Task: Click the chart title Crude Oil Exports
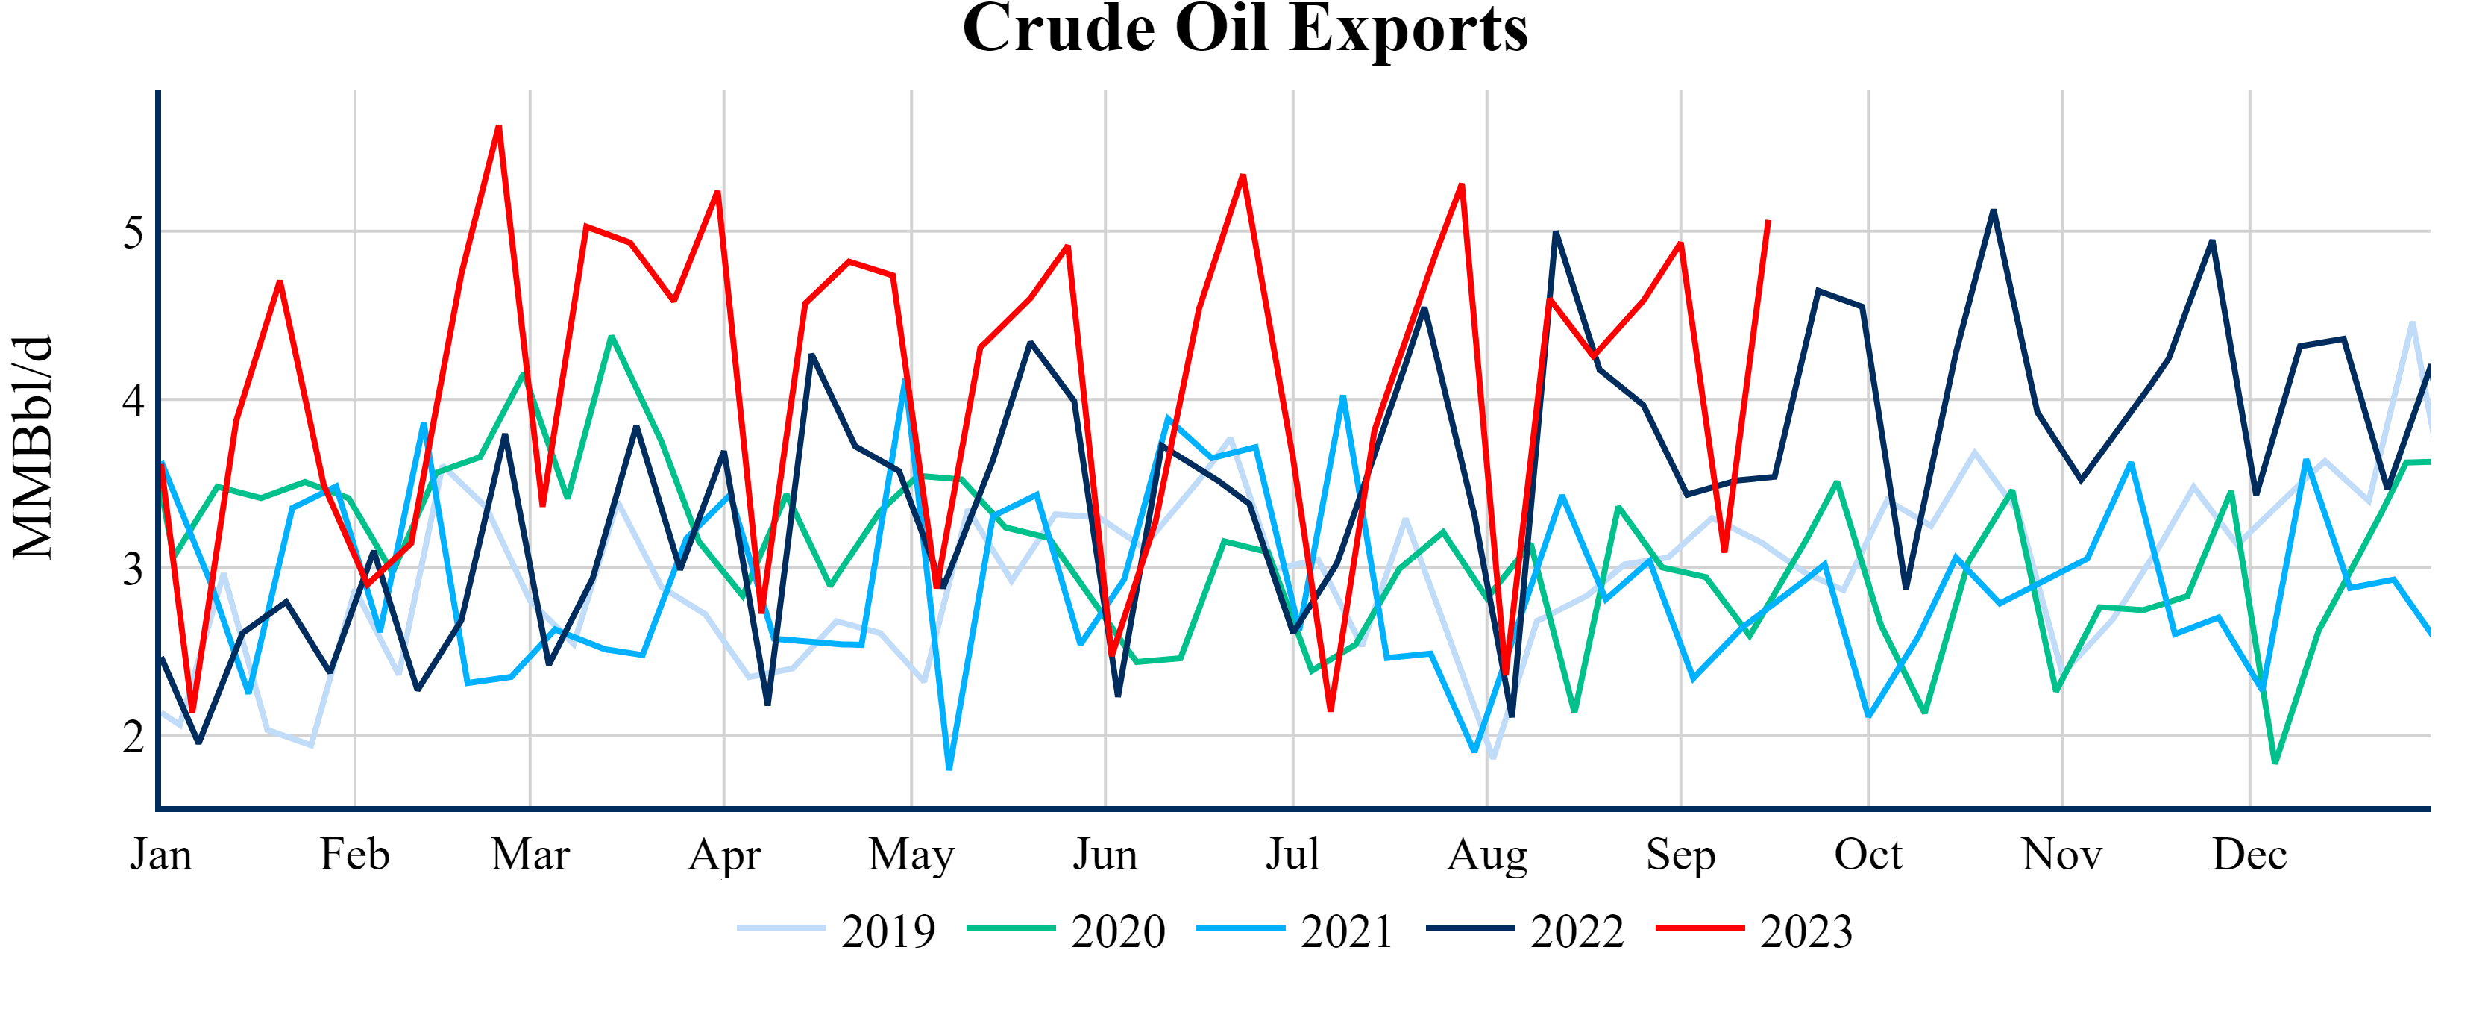pos(1245,29)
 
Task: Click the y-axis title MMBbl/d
pos(34,447)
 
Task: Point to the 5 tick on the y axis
pos(133,233)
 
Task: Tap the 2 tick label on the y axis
pos(133,737)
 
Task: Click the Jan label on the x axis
pos(162,855)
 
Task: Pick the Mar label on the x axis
pos(530,855)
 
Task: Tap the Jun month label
pos(1105,855)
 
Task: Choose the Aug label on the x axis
pos(1487,855)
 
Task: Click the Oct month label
pos(1868,855)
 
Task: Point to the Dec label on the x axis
pos(2249,855)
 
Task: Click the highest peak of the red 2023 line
pos(499,127)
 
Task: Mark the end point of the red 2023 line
pos(1768,222)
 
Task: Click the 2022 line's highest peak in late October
pos(1993,211)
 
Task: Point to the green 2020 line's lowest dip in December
pos(2275,763)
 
